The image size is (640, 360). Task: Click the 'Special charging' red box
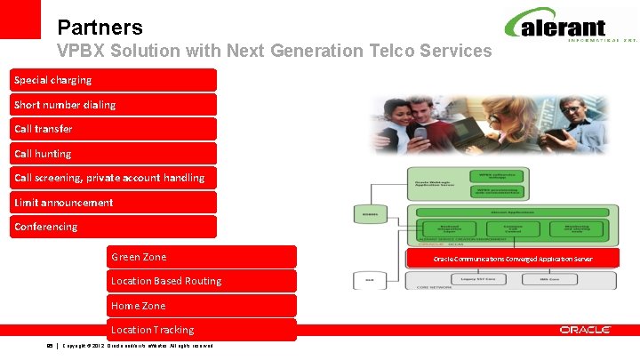click(114, 80)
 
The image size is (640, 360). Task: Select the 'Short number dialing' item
click(114, 105)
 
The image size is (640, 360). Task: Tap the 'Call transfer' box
click(114, 129)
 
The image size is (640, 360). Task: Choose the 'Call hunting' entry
click(114, 154)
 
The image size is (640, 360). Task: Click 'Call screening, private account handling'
click(114, 178)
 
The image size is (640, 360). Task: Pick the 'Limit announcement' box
click(114, 203)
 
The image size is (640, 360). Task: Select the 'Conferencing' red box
click(114, 227)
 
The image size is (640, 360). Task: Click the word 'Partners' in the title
click(99, 28)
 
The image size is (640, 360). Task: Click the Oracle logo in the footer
click(585, 330)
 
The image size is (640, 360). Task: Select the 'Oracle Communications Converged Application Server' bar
click(513, 259)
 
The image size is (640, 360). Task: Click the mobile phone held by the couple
click(420, 134)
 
